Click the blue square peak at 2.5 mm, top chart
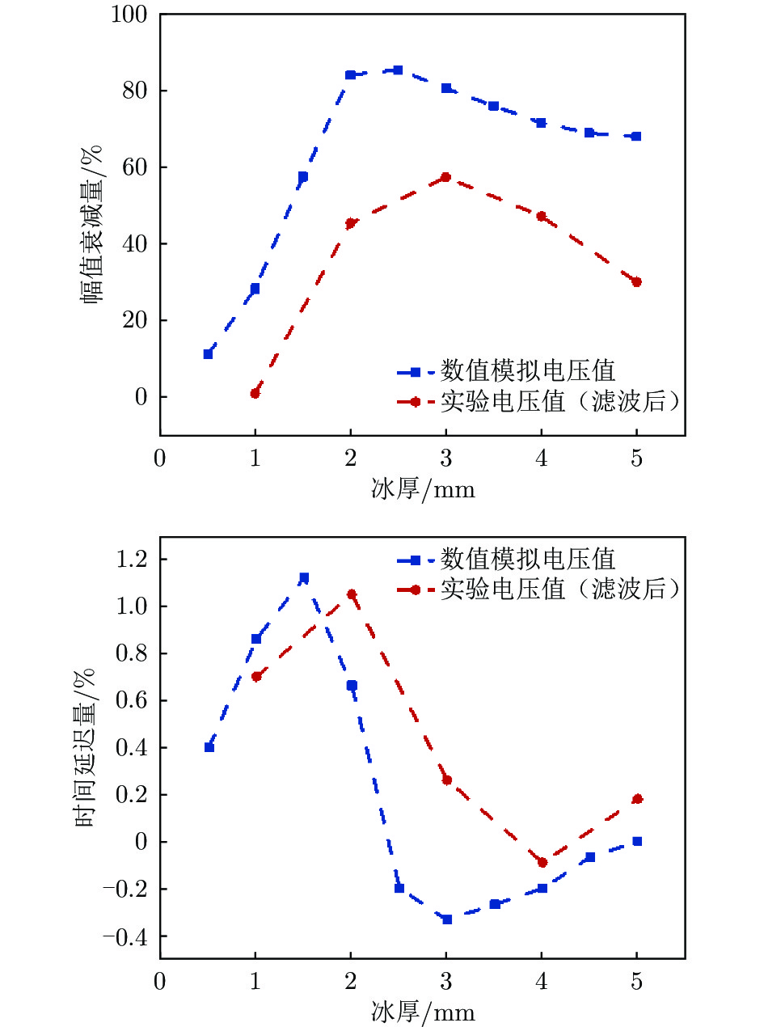[x=398, y=70]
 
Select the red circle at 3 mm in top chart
[x=445, y=177]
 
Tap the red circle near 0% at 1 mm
[x=255, y=393]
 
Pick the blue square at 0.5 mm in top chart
[x=208, y=354]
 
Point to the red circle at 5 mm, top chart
[x=636, y=282]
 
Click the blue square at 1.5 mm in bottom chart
[x=303, y=578]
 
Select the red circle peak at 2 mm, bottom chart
[x=351, y=594]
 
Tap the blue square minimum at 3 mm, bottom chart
[x=446, y=919]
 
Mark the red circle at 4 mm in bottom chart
[x=542, y=863]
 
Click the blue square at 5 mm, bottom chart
[x=637, y=841]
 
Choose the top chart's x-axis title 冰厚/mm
[x=423, y=488]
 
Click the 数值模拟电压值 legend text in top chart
[x=527, y=371]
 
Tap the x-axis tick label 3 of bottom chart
[x=446, y=983]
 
